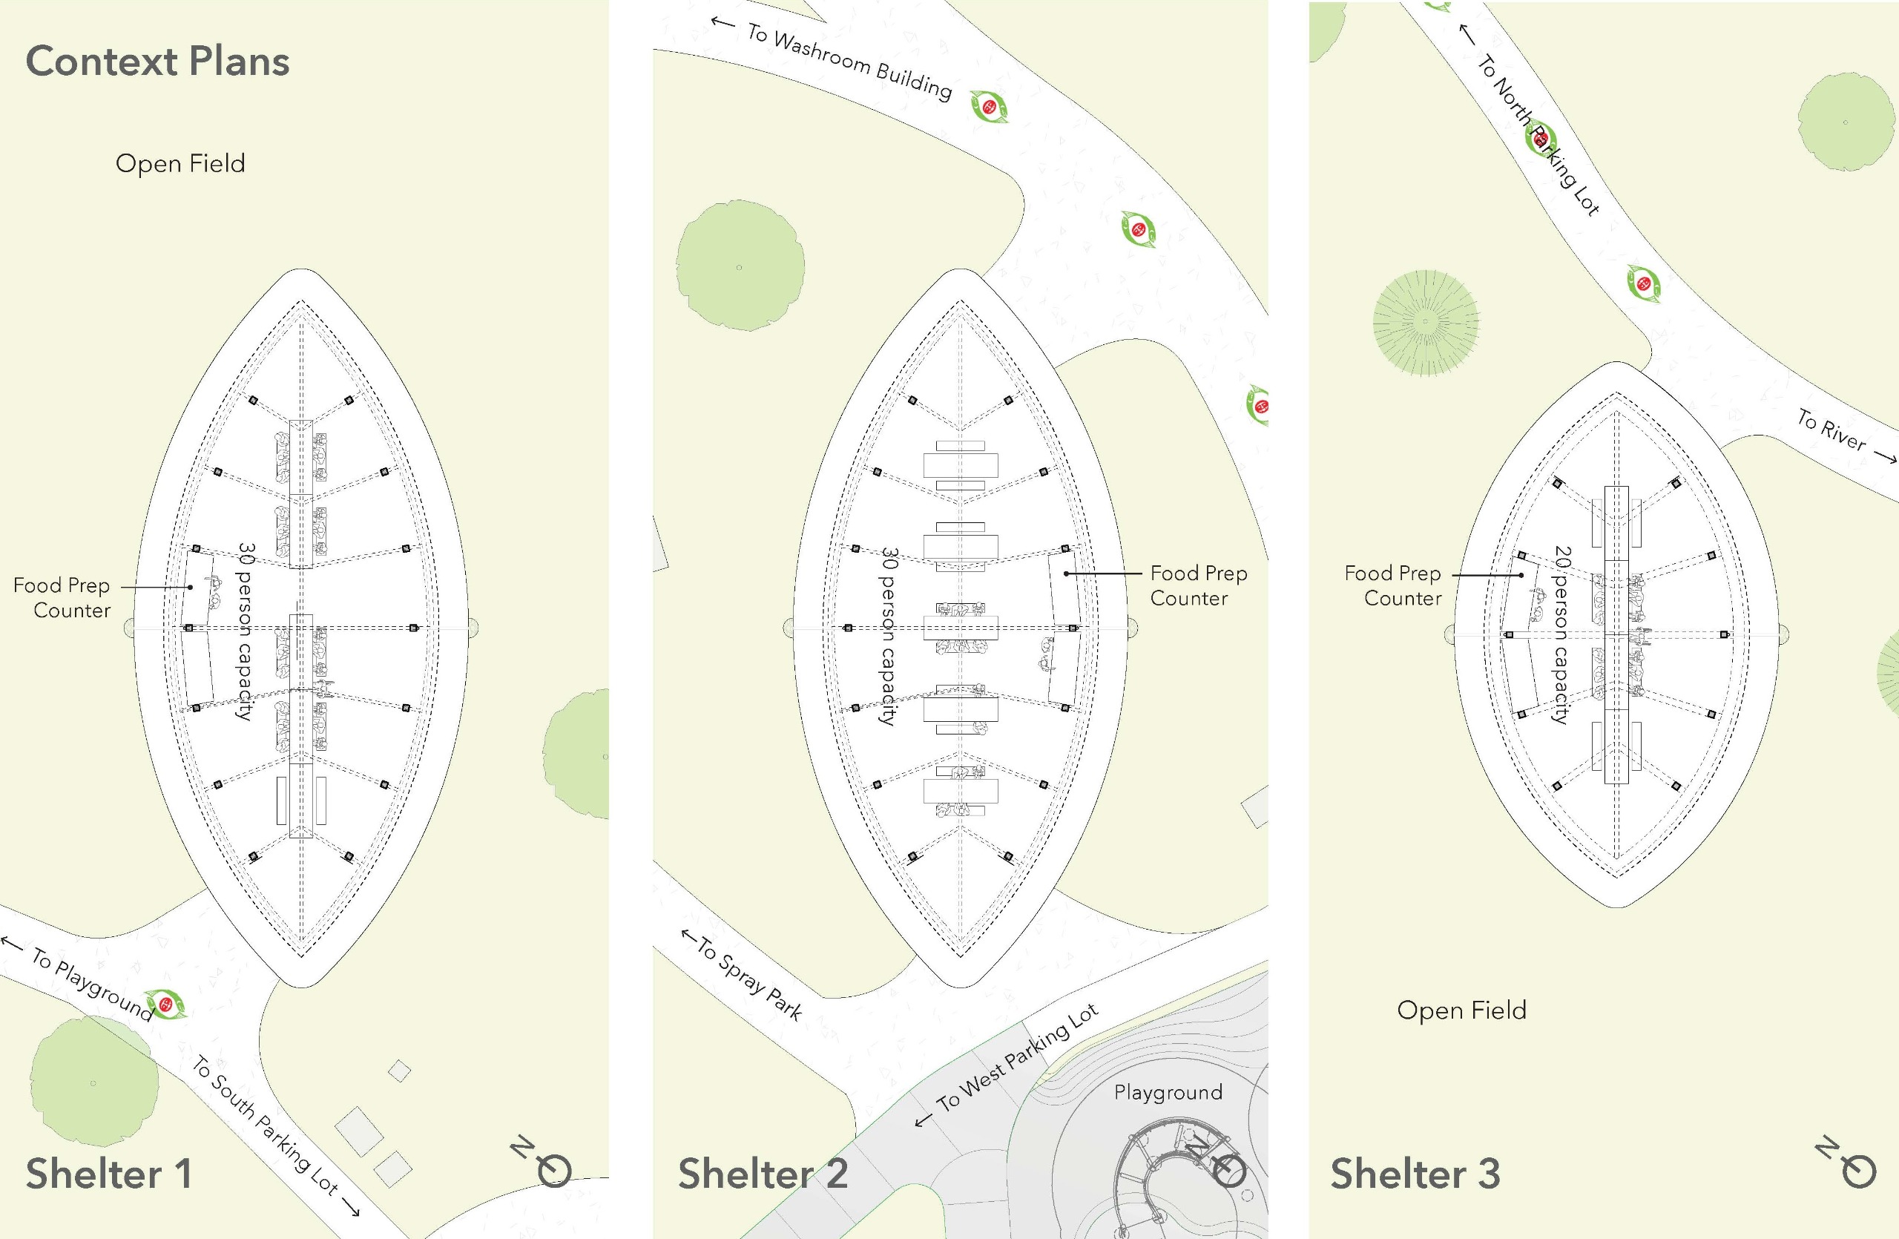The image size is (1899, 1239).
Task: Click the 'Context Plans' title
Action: coord(157,62)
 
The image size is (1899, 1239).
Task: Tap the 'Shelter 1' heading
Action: coord(108,1174)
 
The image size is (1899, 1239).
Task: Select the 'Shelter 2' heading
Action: coord(762,1174)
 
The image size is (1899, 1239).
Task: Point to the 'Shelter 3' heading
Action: coord(1415,1174)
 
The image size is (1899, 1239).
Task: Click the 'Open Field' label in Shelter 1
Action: coord(180,163)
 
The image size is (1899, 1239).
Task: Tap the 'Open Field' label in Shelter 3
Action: coord(1461,1010)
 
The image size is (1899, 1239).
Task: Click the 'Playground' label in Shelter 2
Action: coord(1168,1092)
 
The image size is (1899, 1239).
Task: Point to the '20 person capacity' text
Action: coord(1561,634)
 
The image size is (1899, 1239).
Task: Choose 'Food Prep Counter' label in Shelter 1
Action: coord(62,597)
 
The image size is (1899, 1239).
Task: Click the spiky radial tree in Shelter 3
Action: coord(1425,322)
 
